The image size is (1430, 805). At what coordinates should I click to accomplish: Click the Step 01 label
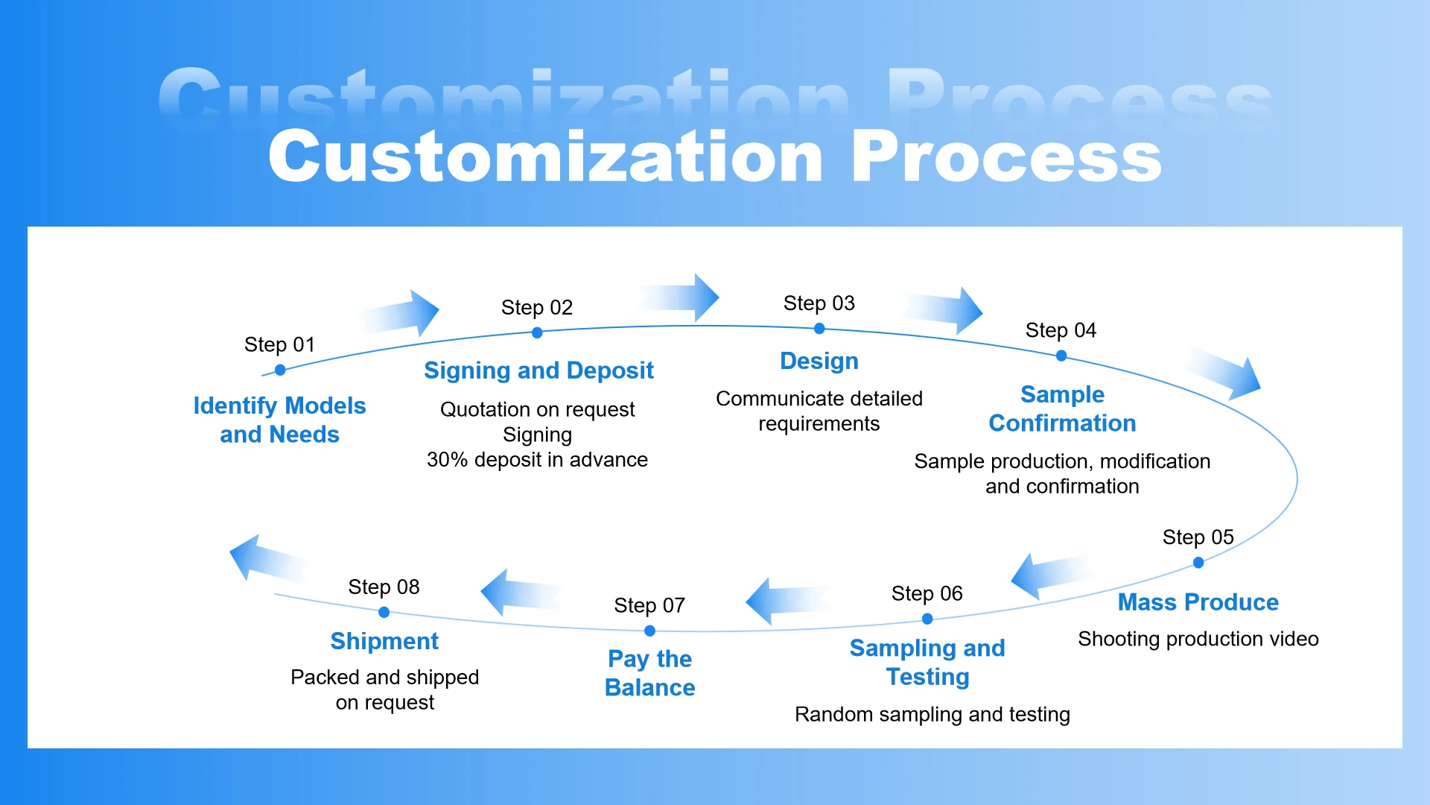[279, 344]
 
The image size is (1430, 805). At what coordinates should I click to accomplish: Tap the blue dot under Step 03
[819, 329]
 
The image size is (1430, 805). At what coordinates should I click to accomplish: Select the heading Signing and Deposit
[538, 370]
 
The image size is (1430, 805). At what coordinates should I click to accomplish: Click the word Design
[819, 361]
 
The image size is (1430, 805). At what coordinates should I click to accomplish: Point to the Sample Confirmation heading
[1062, 408]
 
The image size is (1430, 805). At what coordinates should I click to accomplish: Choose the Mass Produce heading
[1198, 602]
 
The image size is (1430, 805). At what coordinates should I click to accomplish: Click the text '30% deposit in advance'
[537, 459]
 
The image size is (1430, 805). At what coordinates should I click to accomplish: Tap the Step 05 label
[1198, 537]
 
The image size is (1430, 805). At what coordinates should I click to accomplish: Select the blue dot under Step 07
[649, 631]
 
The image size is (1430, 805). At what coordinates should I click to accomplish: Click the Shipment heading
[384, 641]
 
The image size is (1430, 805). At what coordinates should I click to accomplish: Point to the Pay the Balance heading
[649, 673]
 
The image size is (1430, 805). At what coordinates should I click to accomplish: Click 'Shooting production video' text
[1198, 639]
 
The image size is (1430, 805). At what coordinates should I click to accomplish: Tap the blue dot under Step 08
[384, 612]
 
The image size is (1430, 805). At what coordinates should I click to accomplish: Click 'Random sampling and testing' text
[932, 714]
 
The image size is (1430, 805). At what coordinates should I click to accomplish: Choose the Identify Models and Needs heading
[279, 420]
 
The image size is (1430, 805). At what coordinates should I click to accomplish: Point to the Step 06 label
[927, 593]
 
